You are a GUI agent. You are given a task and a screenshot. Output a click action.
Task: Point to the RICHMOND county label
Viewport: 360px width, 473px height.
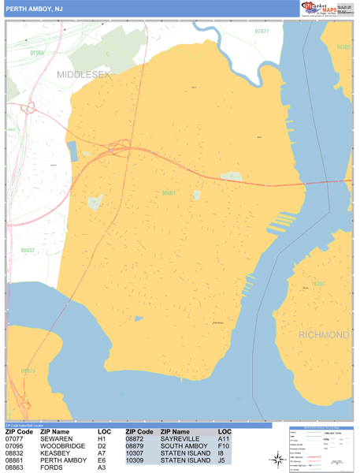click(x=323, y=335)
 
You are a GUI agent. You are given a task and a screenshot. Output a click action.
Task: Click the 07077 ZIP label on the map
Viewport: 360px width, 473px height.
click(x=262, y=32)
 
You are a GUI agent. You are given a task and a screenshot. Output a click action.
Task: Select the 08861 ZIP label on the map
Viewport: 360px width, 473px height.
click(x=168, y=192)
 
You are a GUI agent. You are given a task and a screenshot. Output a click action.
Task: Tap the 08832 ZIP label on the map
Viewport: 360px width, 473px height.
click(x=28, y=250)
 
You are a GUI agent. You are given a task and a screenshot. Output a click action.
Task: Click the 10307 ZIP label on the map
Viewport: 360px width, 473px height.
click(x=317, y=283)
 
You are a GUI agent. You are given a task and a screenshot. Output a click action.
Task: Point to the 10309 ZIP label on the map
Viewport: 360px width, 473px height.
click(x=343, y=47)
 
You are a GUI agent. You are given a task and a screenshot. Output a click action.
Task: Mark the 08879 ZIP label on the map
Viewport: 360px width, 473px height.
click(x=28, y=370)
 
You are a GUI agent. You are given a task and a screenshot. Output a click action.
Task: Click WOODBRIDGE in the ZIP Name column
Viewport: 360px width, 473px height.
click(x=62, y=446)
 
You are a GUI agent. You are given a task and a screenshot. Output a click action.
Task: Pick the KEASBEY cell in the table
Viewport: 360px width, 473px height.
click(x=56, y=453)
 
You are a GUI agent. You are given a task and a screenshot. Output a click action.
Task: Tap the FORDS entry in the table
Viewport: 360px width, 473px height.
click(x=51, y=467)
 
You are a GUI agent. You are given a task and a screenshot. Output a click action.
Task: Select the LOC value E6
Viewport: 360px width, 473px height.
click(x=102, y=460)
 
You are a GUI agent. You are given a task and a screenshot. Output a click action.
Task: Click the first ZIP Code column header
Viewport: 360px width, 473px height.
click(x=20, y=432)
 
